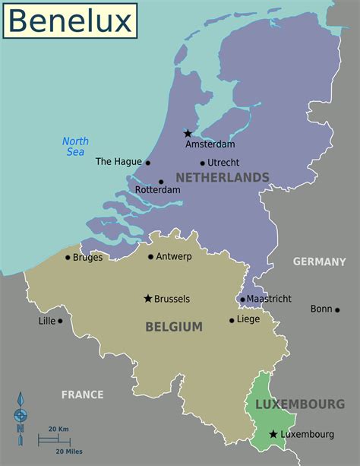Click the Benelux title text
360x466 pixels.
click(x=70, y=21)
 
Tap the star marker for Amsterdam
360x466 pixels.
click(x=188, y=134)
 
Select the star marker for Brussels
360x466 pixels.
click(x=148, y=298)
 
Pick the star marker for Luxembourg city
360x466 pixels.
click(x=273, y=434)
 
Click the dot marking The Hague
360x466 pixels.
click(x=148, y=163)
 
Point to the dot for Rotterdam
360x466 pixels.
click(x=161, y=182)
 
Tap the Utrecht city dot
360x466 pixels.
click(x=203, y=163)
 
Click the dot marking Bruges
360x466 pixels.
click(x=68, y=257)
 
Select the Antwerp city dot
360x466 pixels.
click(x=151, y=257)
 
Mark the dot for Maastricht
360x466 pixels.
click(x=242, y=300)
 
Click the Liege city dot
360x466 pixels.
click(x=232, y=320)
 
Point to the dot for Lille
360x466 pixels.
click(x=60, y=321)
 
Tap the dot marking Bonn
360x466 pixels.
click(x=337, y=309)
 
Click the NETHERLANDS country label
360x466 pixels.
click(x=223, y=177)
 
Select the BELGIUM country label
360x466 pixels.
click(x=174, y=327)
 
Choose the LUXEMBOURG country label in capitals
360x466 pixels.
click(x=300, y=404)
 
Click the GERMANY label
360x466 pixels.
click(x=319, y=262)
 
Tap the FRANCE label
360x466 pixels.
click(x=82, y=395)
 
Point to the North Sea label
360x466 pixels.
click(x=75, y=147)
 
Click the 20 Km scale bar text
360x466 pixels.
click(x=58, y=430)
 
